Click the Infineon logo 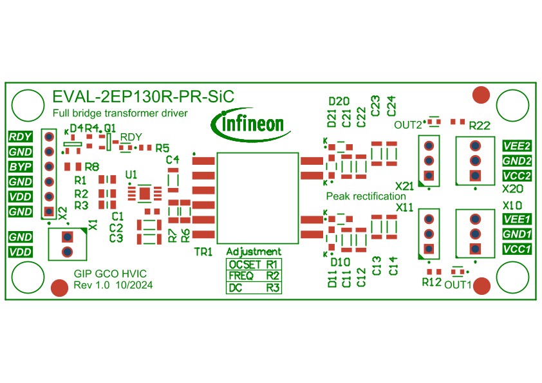click(x=250, y=124)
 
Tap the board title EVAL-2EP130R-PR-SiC click(x=143, y=97)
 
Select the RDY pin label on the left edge click(x=21, y=136)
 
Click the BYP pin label click(x=21, y=167)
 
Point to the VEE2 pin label click(x=517, y=146)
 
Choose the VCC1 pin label click(x=517, y=249)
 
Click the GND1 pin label click(x=517, y=234)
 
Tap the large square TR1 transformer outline click(x=257, y=153)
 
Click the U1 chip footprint click(x=144, y=193)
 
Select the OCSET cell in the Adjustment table click(x=245, y=265)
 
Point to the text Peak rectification click(x=366, y=196)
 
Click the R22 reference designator click(x=480, y=126)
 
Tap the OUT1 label click(x=458, y=285)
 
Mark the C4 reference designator click(x=173, y=160)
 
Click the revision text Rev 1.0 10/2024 click(x=113, y=285)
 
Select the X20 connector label click(x=512, y=189)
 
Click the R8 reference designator click(x=91, y=167)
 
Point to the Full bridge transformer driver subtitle click(x=120, y=113)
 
